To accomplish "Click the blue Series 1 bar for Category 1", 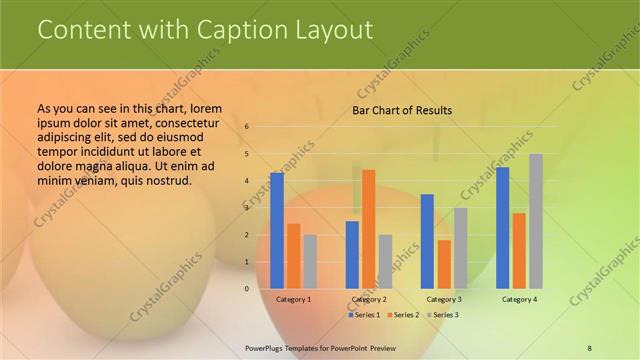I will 276,230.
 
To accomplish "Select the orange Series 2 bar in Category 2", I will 368,229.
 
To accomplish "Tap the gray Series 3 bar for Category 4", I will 536,221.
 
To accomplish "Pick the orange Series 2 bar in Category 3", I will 444,264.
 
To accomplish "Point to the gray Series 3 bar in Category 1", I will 310,261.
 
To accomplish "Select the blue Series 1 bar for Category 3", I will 427,241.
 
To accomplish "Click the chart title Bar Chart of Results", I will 402,110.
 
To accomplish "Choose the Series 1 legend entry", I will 365,315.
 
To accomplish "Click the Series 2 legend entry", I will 402,315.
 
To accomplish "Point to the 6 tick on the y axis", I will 247,127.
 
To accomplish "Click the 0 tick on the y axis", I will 247,289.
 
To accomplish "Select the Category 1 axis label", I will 293,300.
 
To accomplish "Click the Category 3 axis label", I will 444,300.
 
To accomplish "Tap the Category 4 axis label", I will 519,300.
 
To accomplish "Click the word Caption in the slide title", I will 233,30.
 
